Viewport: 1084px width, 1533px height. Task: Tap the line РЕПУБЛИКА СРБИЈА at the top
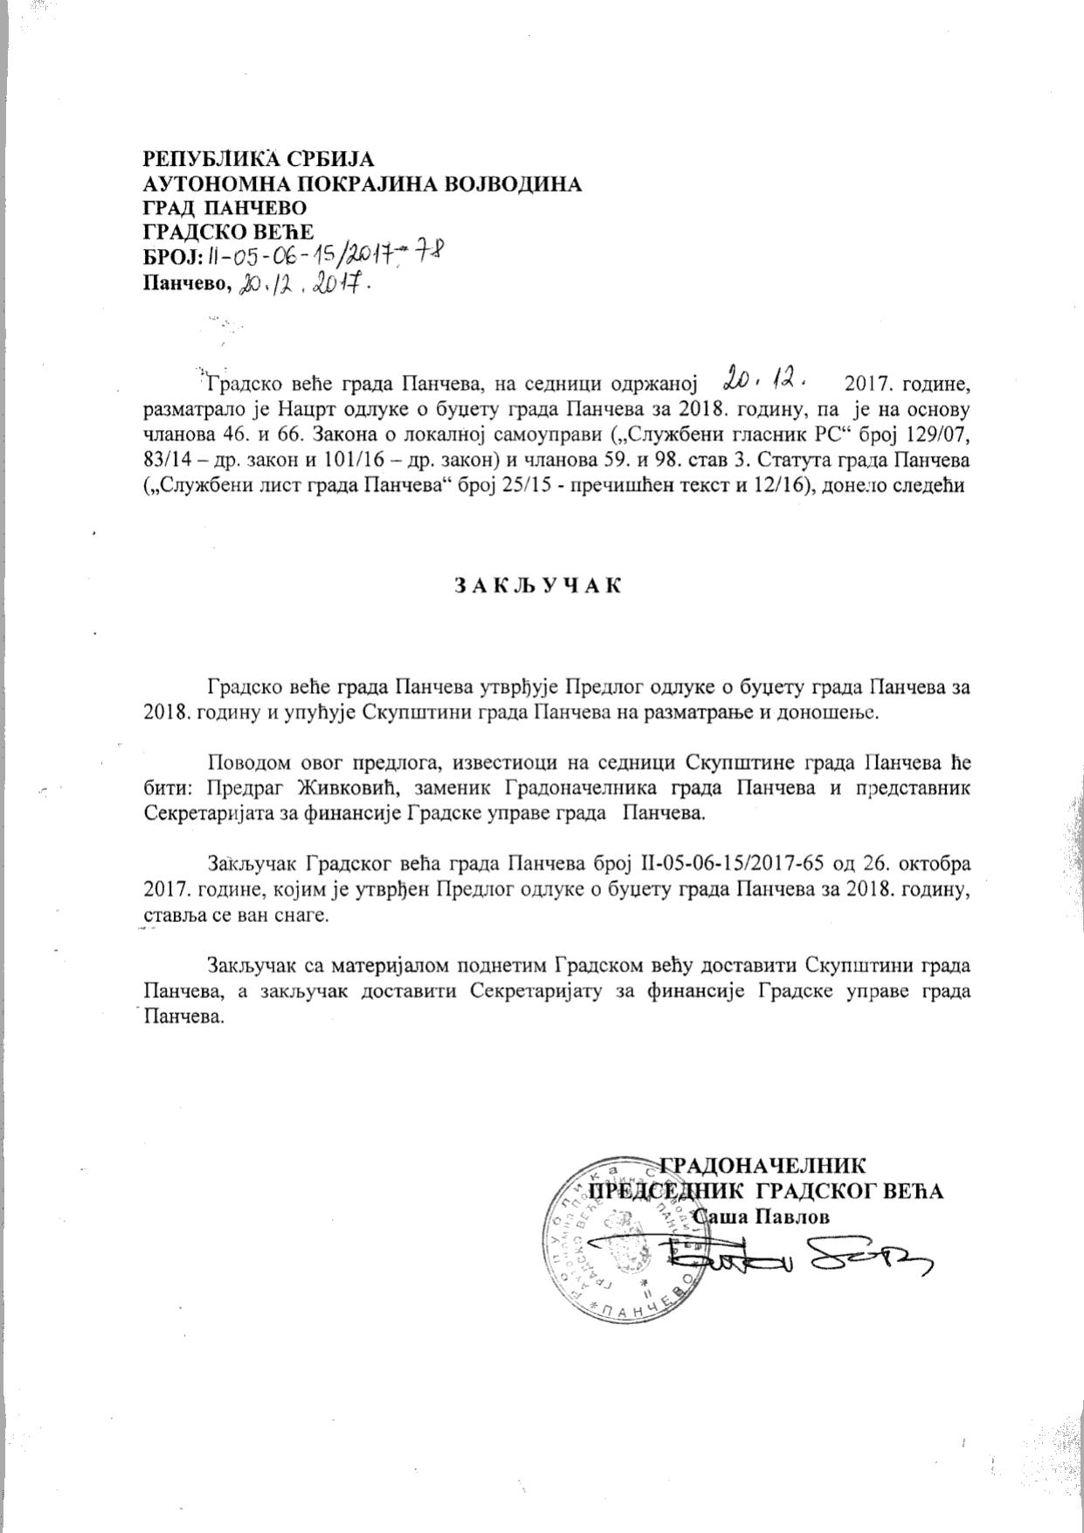tap(258, 159)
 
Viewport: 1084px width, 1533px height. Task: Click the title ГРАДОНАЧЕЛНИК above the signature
tap(763, 1165)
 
